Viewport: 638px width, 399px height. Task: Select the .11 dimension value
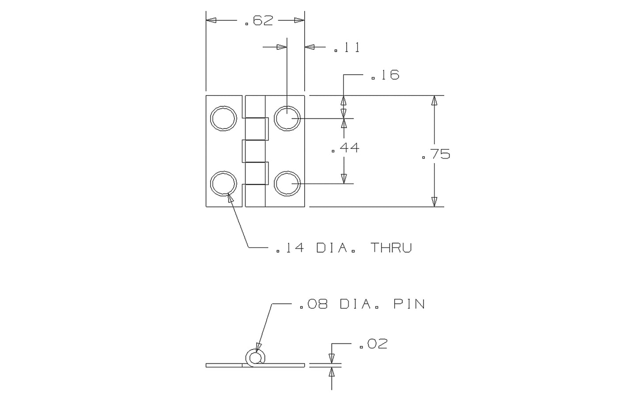point(347,48)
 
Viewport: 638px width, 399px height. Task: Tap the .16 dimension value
point(385,76)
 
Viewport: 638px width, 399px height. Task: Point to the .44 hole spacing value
point(346,148)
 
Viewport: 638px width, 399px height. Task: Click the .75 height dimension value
point(436,155)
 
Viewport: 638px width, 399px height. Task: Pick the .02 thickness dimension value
point(373,344)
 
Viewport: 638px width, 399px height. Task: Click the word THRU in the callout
point(391,248)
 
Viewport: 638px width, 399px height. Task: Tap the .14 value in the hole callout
point(290,248)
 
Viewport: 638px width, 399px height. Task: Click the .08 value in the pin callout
point(313,304)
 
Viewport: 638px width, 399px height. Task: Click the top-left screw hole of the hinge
point(223,118)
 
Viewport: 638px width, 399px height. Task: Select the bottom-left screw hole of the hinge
point(223,183)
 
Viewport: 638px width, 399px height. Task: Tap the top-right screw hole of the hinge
point(287,118)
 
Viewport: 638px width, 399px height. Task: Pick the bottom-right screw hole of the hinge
point(287,183)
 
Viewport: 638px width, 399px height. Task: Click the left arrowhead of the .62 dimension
point(211,20)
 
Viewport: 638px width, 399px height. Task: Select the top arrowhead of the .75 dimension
point(434,100)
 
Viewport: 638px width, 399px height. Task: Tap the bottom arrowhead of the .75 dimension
point(434,201)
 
